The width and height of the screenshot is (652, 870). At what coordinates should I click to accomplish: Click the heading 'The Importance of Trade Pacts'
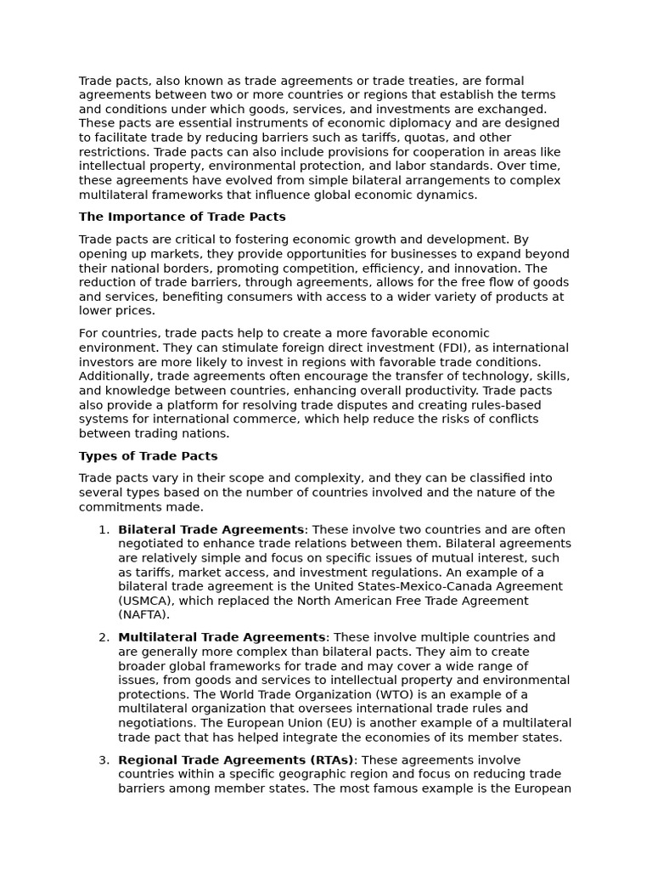(182, 217)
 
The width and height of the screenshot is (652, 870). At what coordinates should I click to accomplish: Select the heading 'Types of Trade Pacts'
(148, 456)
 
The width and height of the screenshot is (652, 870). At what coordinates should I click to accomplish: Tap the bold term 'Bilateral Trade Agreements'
(211, 529)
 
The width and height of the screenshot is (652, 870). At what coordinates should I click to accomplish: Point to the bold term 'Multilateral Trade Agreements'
(222, 637)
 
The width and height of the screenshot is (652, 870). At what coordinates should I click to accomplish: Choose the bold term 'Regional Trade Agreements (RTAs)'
(235, 760)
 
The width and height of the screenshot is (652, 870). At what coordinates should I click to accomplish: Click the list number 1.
(104, 529)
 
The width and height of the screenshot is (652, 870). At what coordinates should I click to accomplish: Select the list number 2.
(104, 637)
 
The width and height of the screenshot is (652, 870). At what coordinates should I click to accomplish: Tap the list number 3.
(104, 760)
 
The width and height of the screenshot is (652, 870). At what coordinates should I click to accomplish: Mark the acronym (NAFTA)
(143, 615)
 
